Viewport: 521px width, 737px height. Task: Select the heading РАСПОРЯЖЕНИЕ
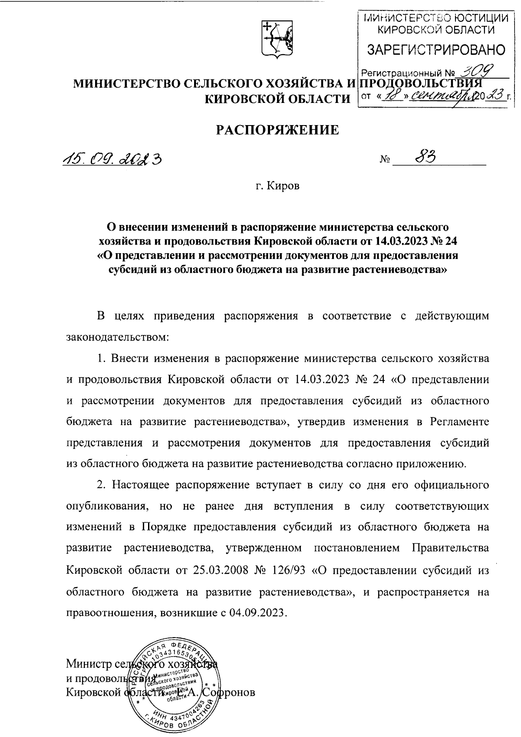(278, 130)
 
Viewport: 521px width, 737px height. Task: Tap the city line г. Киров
(277, 186)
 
